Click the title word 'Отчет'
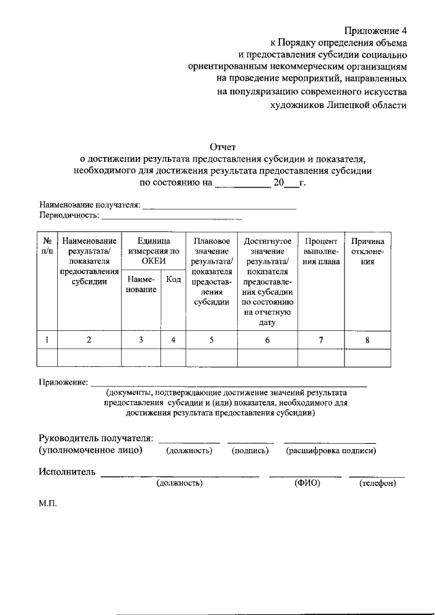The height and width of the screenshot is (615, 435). coord(222,146)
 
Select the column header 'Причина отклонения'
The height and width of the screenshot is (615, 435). coord(367,251)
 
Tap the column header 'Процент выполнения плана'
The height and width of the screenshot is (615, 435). coord(321,251)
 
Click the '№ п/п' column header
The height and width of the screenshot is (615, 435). coord(48,246)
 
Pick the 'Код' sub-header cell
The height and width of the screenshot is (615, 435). coord(173,280)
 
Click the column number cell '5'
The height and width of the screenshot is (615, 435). coord(211,340)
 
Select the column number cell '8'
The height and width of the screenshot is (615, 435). coord(367,340)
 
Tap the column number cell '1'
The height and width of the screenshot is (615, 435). coord(47,340)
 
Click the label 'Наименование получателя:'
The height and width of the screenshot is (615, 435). coord(90,205)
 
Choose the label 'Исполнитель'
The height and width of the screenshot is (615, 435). coord(67,472)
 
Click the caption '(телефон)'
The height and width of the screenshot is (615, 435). coord(377,483)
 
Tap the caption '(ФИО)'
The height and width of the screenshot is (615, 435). coord(307,483)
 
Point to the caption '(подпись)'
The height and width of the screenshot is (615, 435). coord(250,451)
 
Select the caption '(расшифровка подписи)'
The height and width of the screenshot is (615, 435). coord(331,451)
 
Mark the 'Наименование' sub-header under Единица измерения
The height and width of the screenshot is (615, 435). coord(140,285)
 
